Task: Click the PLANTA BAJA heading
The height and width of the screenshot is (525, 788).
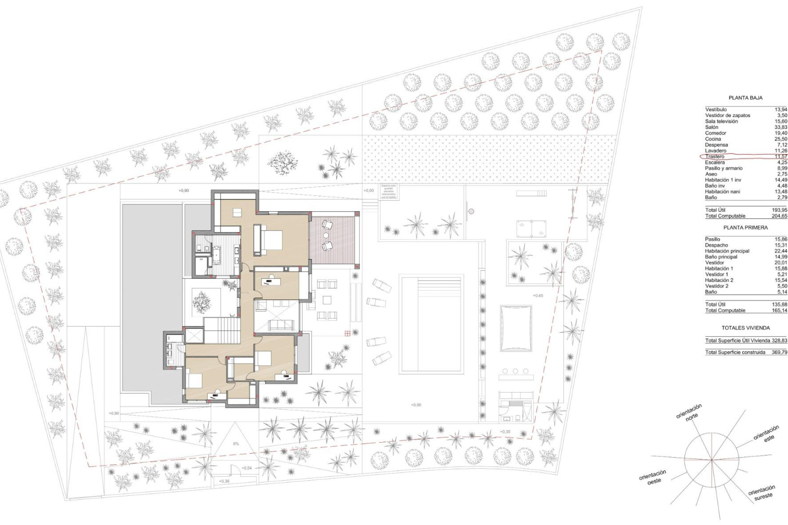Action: point(745,98)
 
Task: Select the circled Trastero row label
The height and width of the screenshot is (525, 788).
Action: point(715,157)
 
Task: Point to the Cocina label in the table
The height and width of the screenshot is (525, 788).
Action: point(713,139)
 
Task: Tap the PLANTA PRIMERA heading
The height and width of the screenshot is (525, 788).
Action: point(745,228)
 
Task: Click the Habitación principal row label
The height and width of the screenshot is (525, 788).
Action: point(727,251)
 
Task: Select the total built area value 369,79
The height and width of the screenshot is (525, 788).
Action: point(779,352)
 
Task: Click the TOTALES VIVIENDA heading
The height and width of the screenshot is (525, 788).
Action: point(746,328)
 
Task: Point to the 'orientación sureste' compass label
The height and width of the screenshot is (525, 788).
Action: point(762,492)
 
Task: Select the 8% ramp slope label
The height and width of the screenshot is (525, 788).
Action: point(236,444)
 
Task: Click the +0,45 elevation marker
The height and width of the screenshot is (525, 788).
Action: point(538,295)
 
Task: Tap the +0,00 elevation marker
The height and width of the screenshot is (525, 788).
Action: point(369,191)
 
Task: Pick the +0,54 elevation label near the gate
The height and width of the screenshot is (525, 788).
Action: point(247,468)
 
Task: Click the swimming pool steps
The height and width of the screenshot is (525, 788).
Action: point(439,285)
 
